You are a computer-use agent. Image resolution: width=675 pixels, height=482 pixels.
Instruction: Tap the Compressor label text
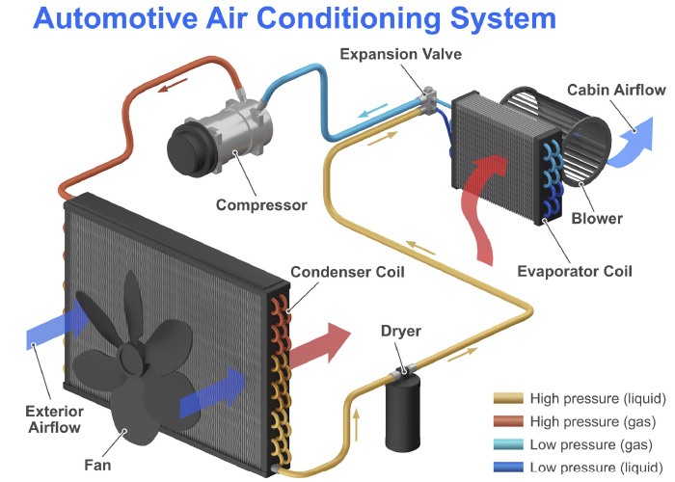click(x=261, y=204)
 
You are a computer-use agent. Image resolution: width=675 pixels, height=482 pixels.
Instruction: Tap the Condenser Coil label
click(x=346, y=272)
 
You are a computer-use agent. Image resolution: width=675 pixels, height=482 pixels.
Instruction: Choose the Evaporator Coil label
click(x=584, y=271)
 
